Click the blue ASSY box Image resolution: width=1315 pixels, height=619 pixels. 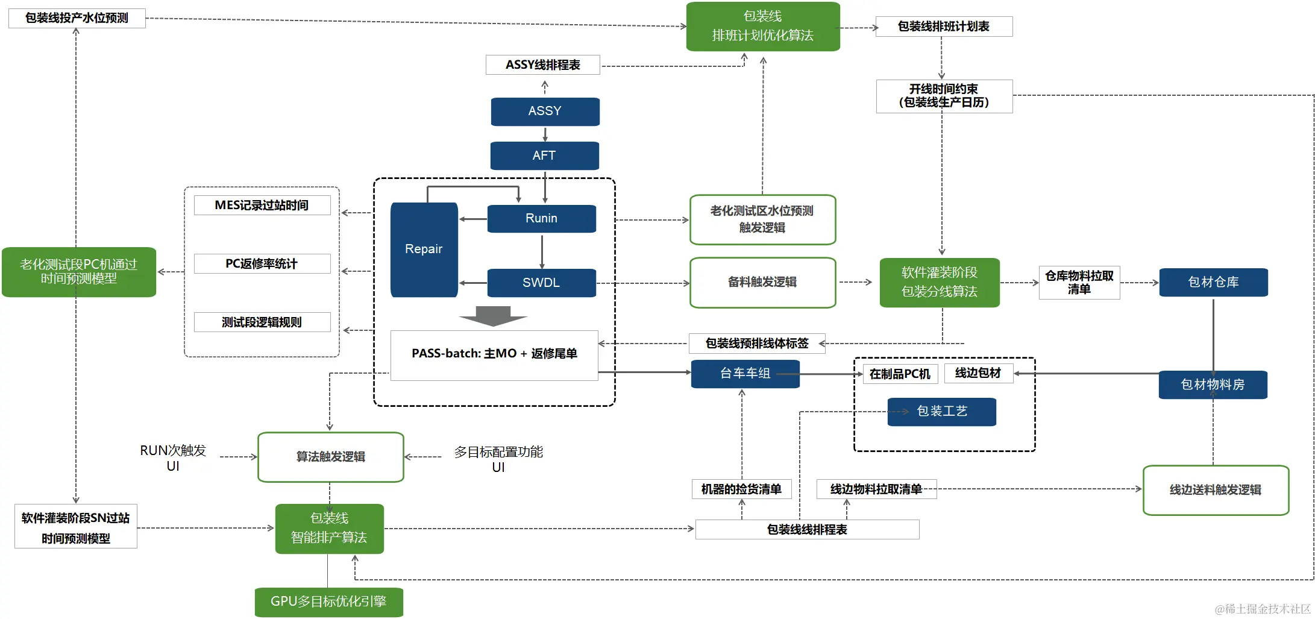545,112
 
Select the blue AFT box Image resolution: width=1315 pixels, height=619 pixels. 544,156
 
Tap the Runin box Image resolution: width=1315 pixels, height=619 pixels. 541,218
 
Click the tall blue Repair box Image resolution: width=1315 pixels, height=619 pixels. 424,250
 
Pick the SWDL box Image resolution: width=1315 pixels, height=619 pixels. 541,283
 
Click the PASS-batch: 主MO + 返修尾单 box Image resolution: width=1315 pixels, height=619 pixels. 494,354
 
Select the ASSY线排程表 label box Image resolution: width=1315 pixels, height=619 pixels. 542,64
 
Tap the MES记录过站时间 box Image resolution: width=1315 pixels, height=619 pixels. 262,205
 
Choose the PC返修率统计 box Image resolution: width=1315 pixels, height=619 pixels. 262,263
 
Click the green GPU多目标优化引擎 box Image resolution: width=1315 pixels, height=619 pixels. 328,602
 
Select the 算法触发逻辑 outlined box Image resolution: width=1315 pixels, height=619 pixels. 330,457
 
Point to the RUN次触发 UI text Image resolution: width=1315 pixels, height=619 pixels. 173,458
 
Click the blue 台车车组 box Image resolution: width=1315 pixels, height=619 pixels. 745,374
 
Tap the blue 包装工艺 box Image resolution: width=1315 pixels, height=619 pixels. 941,412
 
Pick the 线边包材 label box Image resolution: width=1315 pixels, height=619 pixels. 978,373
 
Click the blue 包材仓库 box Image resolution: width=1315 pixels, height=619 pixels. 1213,282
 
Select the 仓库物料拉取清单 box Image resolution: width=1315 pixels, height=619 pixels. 1079,282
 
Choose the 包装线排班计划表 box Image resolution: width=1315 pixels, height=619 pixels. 943,27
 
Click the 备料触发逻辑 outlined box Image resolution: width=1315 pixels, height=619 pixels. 762,282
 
